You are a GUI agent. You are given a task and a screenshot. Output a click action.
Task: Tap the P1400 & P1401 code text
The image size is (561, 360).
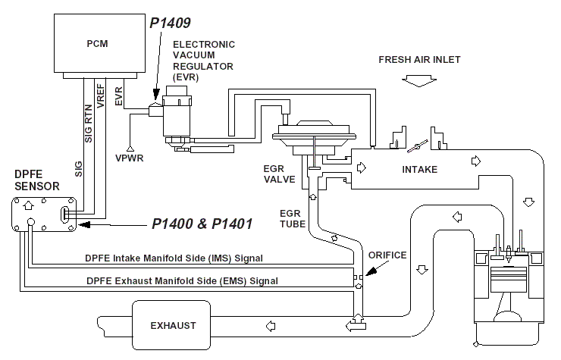[x=200, y=224]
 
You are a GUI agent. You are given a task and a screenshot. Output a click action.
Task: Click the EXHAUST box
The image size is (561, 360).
[x=173, y=325]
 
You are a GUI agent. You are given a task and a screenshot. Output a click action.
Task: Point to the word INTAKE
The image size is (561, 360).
[x=419, y=169]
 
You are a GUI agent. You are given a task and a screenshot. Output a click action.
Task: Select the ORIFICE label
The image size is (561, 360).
[x=388, y=255]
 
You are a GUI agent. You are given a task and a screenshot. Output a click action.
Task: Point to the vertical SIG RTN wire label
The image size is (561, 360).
[x=88, y=117]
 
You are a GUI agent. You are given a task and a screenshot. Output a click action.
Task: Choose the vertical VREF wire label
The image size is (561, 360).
[x=101, y=99]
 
